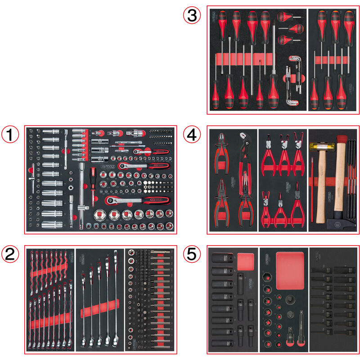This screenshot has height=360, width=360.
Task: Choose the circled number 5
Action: click(192, 255)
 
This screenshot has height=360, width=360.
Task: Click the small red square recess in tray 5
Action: click(246, 261)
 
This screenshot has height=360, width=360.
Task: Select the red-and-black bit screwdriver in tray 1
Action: click(93, 182)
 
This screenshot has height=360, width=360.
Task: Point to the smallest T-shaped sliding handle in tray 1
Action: click(34, 180)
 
